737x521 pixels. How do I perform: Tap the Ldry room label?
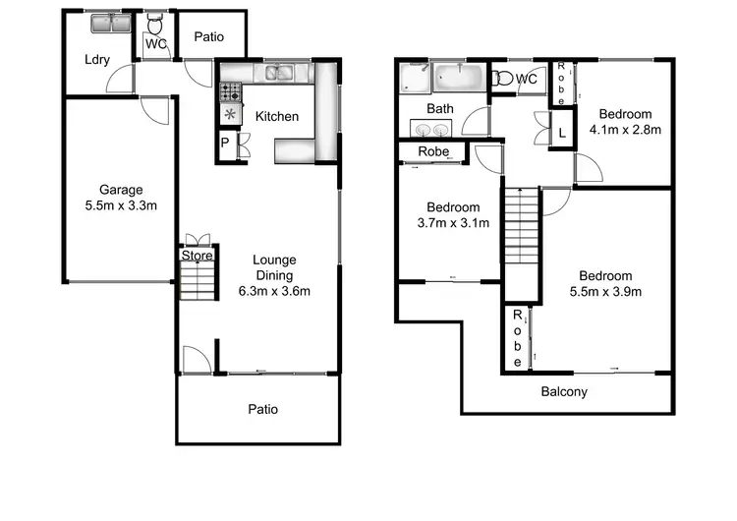(x=96, y=59)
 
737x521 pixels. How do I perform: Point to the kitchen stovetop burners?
(x=231, y=91)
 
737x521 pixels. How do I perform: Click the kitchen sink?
(x=278, y=71)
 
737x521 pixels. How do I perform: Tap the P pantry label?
(x=226, y=143)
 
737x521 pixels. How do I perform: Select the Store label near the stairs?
(x=197, y=257)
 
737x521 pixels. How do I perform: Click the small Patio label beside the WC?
(x=208, y=36)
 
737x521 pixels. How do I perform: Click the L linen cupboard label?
(x=561, y=132)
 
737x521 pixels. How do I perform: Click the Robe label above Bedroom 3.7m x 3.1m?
(x=433, y=151)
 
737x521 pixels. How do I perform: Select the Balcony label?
(x=564, y=391)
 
